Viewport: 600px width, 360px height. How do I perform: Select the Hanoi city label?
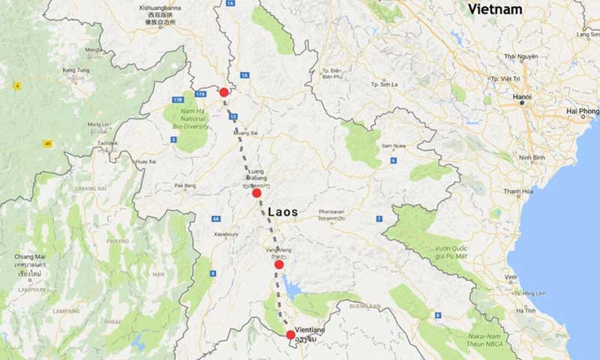pyautogui.click(x=523, y=97)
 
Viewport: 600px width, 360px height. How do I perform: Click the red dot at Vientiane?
pyautogui.click(x=291, y=334)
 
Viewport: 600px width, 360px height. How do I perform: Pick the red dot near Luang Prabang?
pyautogui.click(x=256, y=193)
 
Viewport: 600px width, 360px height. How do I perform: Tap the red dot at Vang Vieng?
pyautogui.click(x=279, y=264)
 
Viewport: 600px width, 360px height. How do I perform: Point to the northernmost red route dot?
pyautogui.click(x=223, y=92)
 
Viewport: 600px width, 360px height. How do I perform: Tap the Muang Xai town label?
pyautogui.click(x=245, y=132)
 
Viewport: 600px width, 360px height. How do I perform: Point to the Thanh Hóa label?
pyautogui.click(x=517, y=192)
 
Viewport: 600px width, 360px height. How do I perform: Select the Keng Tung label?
pyautogui.click(x=75, y=70)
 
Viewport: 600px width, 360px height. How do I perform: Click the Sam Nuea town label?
pyautogui.click(x=394, y=145)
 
